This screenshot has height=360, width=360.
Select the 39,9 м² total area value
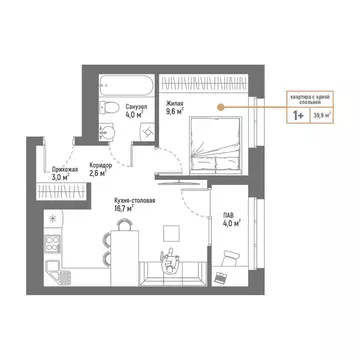[x=324, y=116]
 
